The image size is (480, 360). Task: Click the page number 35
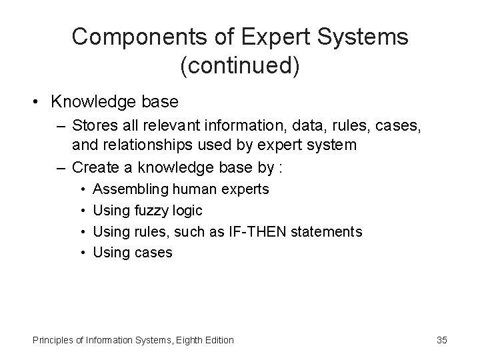point(441,340)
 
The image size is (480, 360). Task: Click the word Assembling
point(127,189)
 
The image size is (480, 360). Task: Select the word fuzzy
point(151,211)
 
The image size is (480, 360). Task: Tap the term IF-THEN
point(251,231)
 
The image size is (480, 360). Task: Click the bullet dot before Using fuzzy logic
point(80,211)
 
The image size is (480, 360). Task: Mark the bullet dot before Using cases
point(80,252)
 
